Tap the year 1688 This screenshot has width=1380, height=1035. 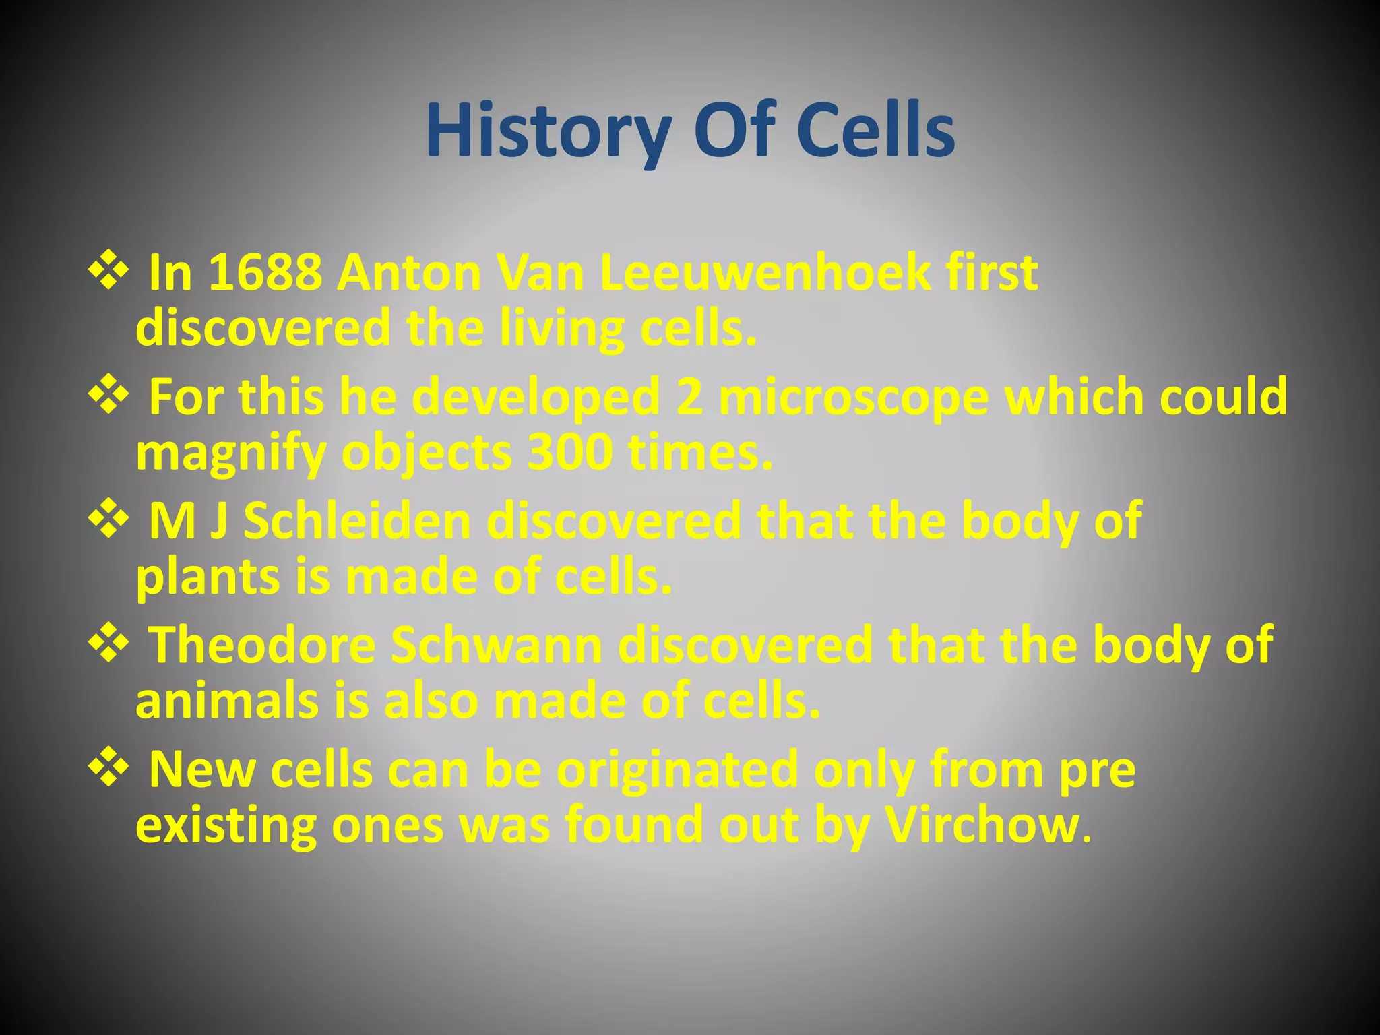(x=265, y=273)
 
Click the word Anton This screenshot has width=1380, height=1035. (x=408, y=273)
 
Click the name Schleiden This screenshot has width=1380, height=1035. (x=357, y=521)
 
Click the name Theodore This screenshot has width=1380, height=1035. (x=261, y=646)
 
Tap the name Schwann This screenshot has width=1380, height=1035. (x=497, y=646)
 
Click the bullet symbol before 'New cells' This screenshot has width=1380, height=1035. (x=108, y=769)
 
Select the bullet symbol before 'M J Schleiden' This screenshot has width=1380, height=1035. (x=108, y=520)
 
